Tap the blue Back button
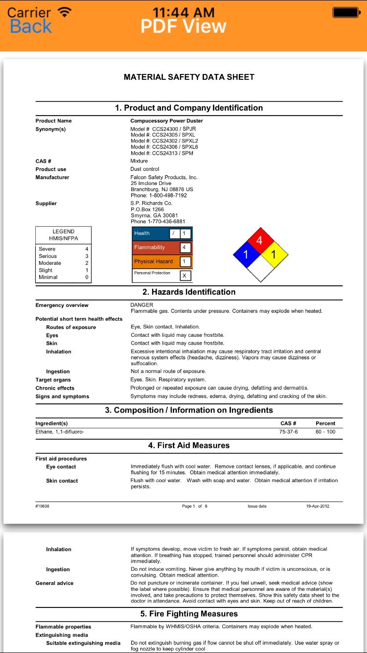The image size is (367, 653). pos(31,26)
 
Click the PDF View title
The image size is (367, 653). pos(183,26)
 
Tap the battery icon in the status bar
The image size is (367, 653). pos(345,13)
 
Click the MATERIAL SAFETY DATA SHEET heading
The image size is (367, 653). pos(189,77)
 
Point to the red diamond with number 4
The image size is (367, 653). pos(260,240)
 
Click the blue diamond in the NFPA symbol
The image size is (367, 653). pos(246,255)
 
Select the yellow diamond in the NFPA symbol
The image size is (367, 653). pos(274,255)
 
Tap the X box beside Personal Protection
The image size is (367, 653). pos(184,276)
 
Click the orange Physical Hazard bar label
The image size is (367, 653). pos(154,261)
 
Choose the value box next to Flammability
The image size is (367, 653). pos(184,248)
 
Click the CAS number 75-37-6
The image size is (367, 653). pos(288,432)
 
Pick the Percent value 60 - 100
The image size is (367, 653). pos(325,432)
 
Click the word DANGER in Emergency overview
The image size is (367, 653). pos(142,305)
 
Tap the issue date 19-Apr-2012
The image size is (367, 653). pos(318,506)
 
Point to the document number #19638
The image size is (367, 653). pos(42,506)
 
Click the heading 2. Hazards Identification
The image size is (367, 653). pos(189,292)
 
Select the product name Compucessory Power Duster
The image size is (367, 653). pos(166,121)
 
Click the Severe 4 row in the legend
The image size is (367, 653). pos(63,249)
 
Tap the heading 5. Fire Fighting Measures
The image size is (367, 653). pos(189,614)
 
